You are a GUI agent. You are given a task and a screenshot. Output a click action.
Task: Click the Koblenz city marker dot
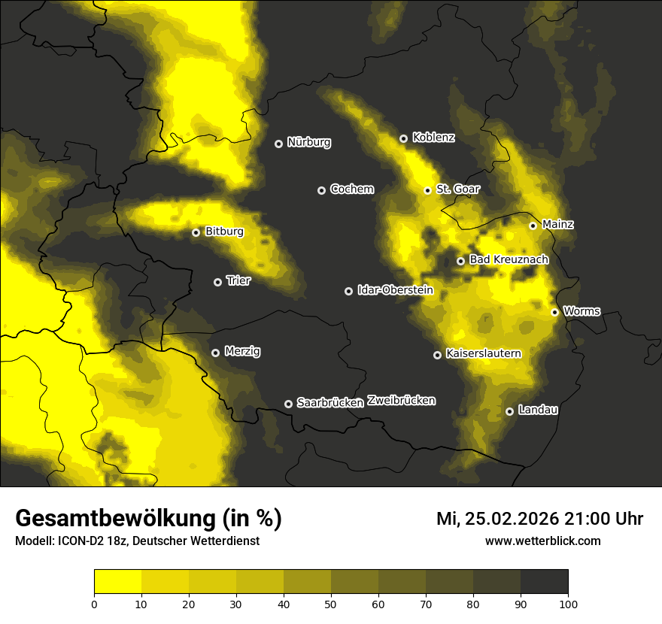403,138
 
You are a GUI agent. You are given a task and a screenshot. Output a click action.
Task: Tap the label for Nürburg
309,142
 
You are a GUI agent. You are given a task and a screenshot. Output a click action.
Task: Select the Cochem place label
352,189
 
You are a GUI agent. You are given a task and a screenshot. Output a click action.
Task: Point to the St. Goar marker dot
427,190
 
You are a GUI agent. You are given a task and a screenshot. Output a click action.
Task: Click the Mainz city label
557,224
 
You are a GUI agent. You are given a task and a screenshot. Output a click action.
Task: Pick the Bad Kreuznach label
509,259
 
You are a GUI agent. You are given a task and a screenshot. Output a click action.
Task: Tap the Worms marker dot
554,312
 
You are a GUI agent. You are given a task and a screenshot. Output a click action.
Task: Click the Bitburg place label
224,232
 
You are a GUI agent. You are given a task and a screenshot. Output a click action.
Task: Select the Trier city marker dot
218,282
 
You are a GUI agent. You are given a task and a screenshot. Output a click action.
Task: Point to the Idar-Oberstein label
395,290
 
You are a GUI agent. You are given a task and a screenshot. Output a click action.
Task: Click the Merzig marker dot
215,353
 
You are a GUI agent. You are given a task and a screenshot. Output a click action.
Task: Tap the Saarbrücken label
330,403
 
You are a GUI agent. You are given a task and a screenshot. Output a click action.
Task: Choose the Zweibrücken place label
402,401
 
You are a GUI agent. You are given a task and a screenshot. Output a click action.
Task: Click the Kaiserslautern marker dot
437,355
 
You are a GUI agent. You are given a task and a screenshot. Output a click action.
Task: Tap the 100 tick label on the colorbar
568,603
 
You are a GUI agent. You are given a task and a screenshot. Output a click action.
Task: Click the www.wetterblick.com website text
543,541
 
